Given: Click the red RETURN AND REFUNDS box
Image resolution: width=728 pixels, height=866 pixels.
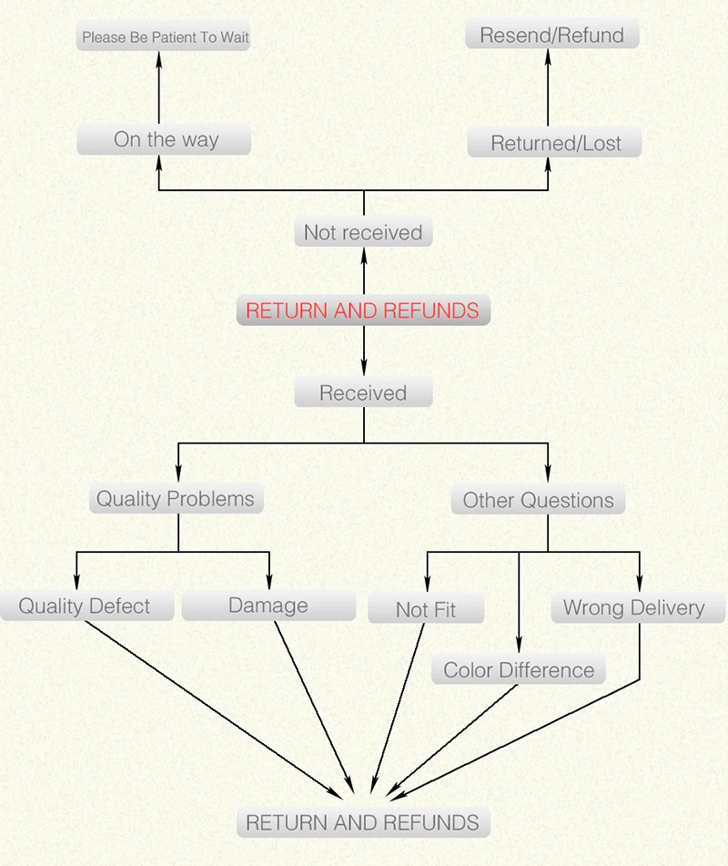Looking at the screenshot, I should tap(363, 311).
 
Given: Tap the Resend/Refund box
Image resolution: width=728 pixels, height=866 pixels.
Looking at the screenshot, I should tap(551, 36).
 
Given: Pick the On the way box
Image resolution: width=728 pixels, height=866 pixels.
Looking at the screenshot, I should tap(165, 140).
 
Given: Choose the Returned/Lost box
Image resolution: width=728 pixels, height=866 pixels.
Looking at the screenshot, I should tap(554, 143).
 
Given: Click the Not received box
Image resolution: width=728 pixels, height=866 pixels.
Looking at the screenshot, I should tap(363, 232).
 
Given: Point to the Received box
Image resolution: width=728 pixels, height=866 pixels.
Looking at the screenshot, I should tap(363, 392).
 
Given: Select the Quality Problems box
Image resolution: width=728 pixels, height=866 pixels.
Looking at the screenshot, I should tap(176, 498).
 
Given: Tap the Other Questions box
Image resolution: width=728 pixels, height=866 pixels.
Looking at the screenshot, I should tap(539, 500).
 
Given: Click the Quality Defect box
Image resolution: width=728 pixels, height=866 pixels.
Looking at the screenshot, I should tap(85, 606).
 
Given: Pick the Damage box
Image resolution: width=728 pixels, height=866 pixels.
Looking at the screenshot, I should tap(268, 606).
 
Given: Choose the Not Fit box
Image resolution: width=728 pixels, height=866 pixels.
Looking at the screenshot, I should tap(426, 609).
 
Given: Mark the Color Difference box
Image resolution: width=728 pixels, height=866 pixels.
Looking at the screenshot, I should tap(519, 670).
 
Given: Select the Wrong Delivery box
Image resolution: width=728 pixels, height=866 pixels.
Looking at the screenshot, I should tap(633, 607).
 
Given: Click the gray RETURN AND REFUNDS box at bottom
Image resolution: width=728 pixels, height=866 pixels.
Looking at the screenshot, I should tap(363, 822).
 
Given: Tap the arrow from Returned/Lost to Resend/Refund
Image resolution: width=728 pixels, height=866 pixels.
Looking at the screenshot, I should tap(549, 87).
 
